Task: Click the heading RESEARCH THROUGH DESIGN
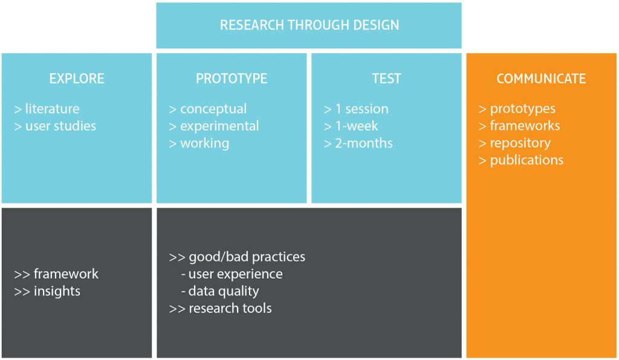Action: click(x=309, y=25)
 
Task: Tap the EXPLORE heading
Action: click(x=77, y=79)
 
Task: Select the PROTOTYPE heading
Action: click(x=232, y=79)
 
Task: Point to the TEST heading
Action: click(x=386, y=79)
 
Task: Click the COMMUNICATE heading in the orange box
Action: click(x=541, y=79)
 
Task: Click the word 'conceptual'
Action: click(x=213, y=109)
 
